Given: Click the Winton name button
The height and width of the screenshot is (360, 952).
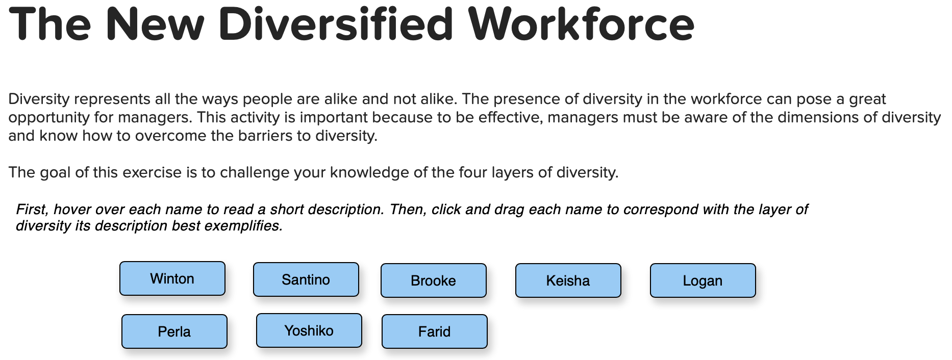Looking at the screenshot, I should tap(172, 278).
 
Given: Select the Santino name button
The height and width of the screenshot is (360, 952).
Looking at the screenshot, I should tap(306, 279).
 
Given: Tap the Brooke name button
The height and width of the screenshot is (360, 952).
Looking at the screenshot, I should tap(434, 280).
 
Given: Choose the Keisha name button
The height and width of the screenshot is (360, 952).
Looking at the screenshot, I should tap(568, 280).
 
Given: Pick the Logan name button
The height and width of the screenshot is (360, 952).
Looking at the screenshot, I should tap(703, 280).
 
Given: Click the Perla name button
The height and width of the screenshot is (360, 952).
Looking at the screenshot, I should tap(174, 331).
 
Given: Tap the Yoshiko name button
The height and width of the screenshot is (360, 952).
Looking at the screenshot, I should tap(309, 330).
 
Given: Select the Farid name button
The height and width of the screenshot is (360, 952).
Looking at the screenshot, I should tap(435, 331).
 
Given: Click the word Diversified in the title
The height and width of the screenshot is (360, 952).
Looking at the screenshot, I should tap(336, 24).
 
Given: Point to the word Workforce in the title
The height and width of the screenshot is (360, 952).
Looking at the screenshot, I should tap(582, 24).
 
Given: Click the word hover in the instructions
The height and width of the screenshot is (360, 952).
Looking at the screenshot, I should tap(71, 210).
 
